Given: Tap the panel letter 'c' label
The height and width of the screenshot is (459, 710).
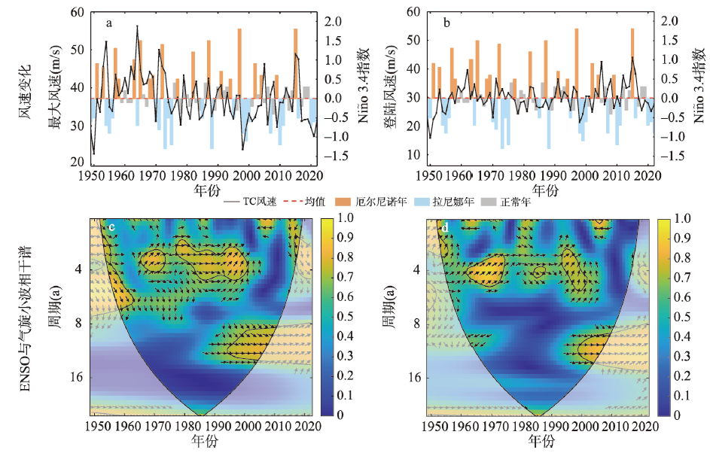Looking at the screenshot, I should pyautogui.click(x=111, y=227).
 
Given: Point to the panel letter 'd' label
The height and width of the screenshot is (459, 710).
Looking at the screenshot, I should pyautogui.click(x=446, y=227).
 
